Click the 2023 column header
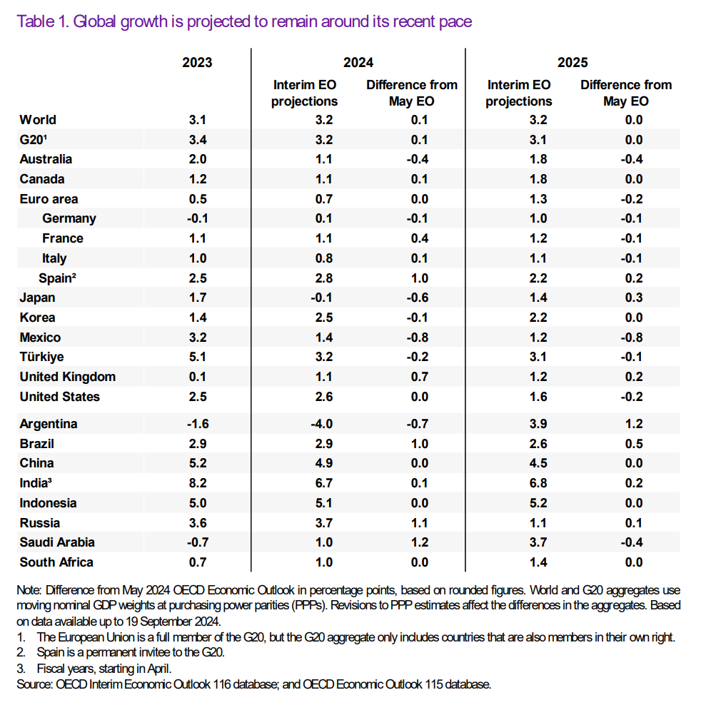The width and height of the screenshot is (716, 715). [197, 63]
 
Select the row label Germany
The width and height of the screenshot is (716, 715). [69, 219]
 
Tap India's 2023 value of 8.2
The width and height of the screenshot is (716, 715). [197, 483]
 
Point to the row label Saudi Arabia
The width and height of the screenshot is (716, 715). [57, 542]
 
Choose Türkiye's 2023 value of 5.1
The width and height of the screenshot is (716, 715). [197, 357]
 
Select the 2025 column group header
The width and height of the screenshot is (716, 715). [573, 63]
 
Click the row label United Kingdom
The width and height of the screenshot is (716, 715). [68, 377]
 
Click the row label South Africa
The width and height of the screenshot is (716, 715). [56, 562]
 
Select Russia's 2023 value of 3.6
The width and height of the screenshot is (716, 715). [197, 522]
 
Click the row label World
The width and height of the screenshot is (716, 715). [38, 120]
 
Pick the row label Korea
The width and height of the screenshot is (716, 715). [37, 318]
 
